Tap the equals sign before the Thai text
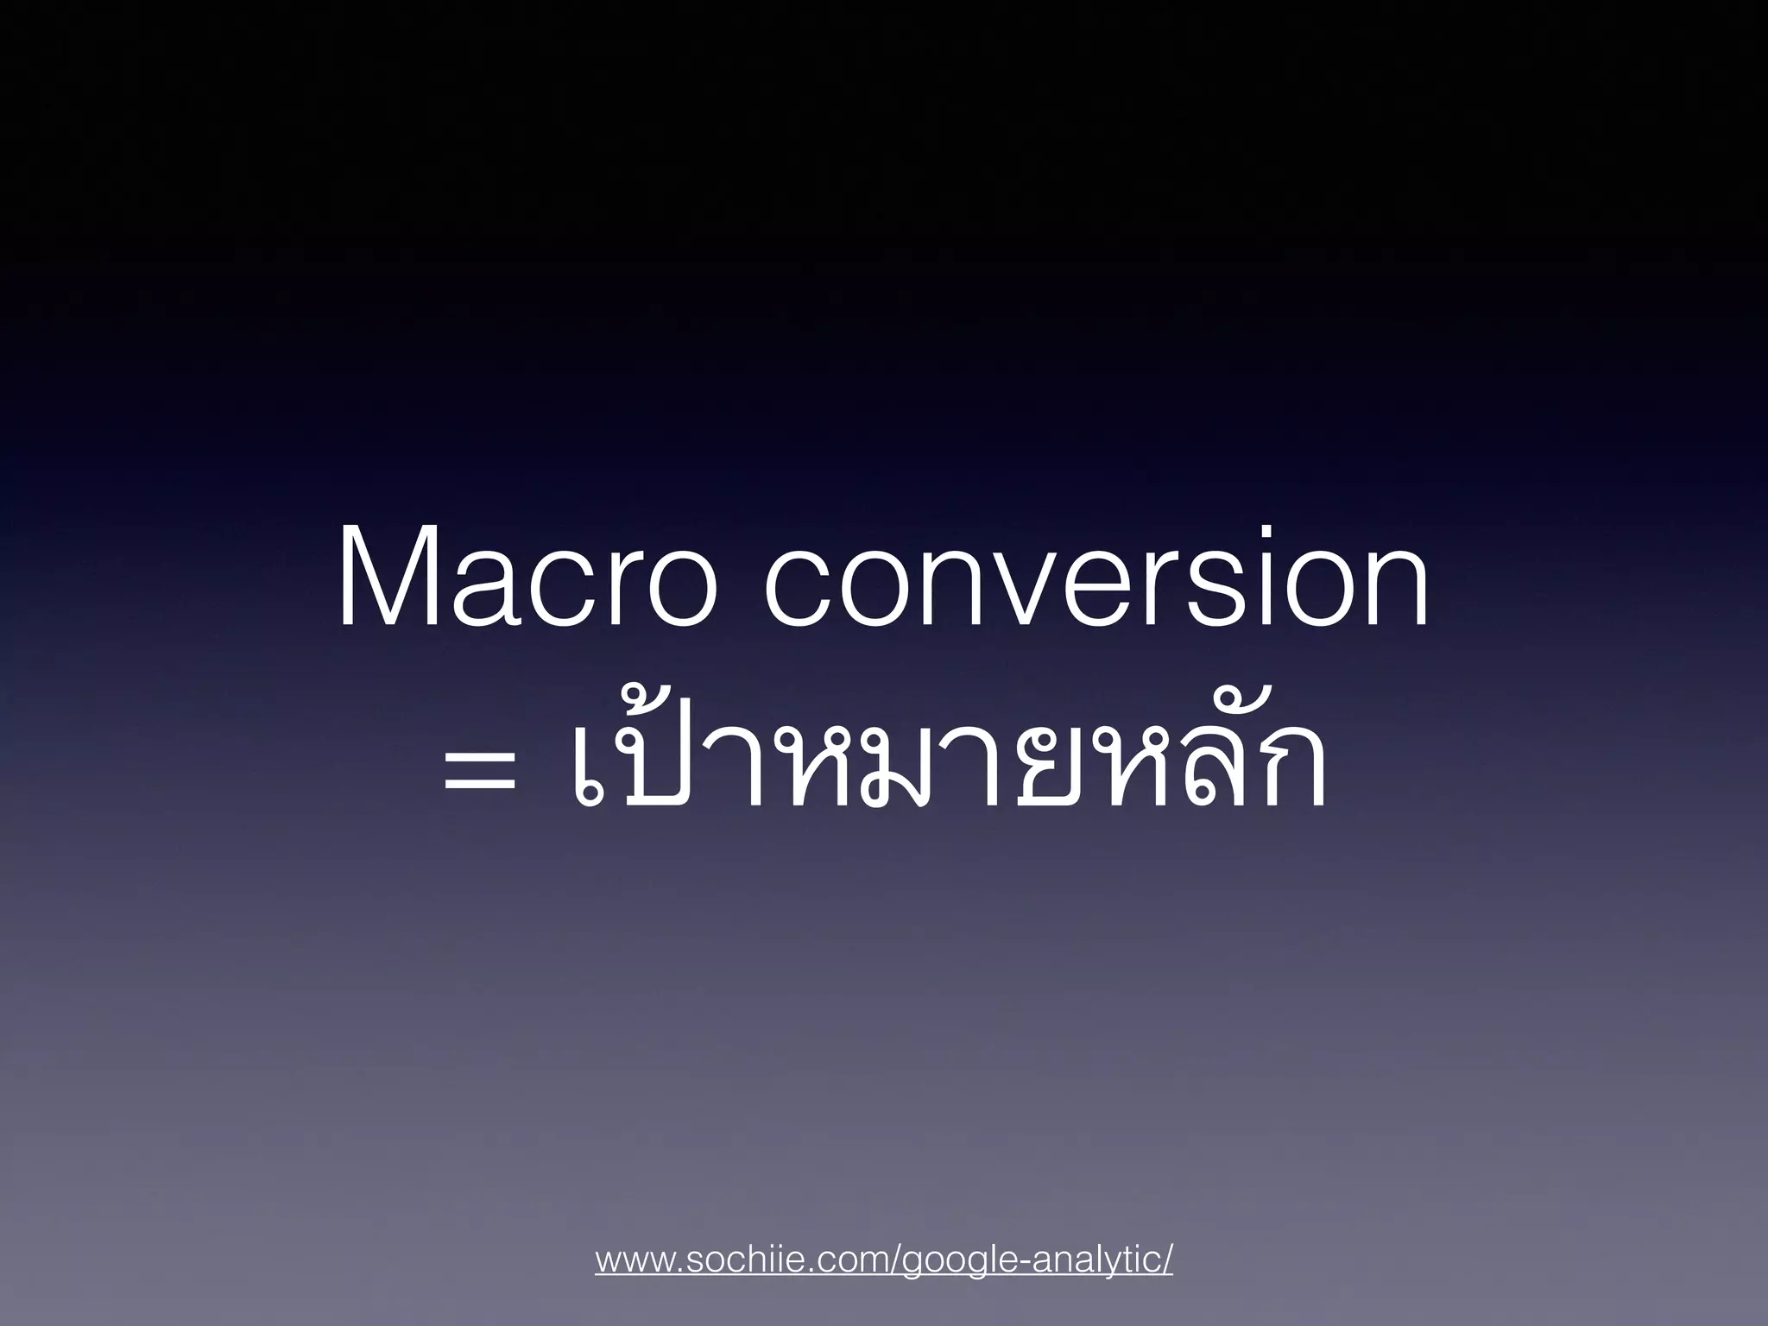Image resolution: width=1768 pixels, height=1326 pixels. point(480,771)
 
